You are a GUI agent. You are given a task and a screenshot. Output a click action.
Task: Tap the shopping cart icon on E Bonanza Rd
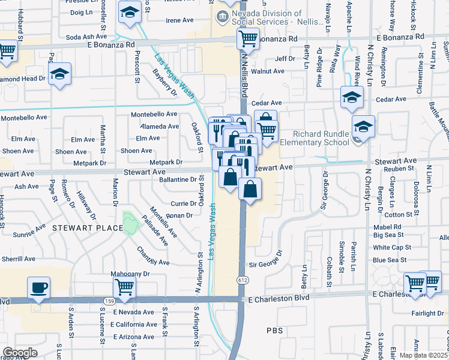(x=248, y=40)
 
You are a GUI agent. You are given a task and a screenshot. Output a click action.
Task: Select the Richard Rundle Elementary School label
(x=321, y=138)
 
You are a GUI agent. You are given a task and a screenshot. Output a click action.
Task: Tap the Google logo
(x=20, y=352)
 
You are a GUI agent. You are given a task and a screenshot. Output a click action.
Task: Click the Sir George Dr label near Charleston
(x=261, y=265)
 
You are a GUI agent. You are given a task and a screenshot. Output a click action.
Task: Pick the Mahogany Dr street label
(x=128, y=274)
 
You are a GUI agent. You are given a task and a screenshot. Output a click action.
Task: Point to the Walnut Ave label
(x=268, y=71)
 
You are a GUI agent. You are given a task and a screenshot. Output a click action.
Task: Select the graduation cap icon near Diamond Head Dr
(x=59, y=74)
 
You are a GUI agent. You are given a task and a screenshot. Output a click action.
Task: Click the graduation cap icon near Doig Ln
(x=129, y=12)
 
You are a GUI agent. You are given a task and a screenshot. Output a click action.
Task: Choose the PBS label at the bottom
(x=274, y=331)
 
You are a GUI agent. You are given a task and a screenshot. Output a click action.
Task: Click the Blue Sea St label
(x=390, y=260)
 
